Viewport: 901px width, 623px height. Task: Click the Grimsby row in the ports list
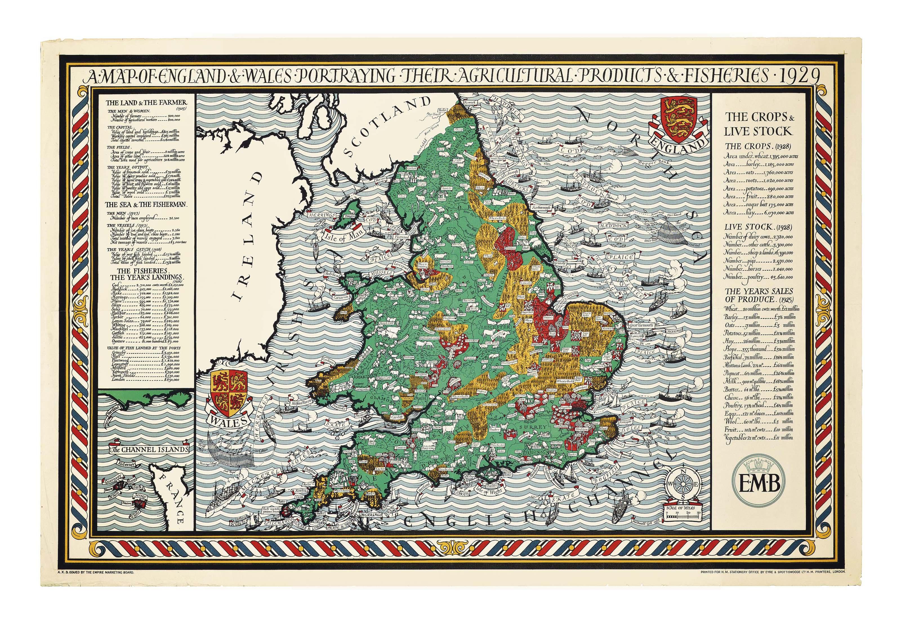pyautogui.click(x=147, y=352)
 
